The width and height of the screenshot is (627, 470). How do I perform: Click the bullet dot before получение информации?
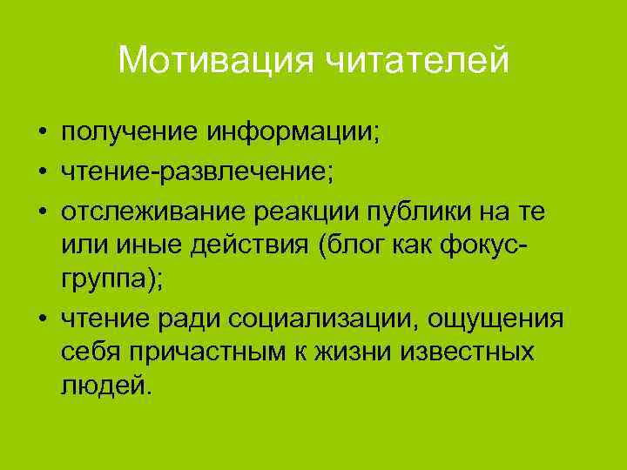click(x=41, y=136)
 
